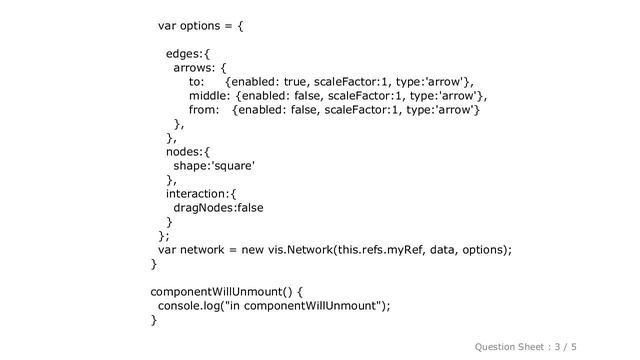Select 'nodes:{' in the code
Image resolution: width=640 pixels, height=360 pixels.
[188, 151]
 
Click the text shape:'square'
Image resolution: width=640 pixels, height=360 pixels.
[213, 166]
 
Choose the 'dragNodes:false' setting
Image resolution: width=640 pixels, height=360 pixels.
[219, 207]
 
